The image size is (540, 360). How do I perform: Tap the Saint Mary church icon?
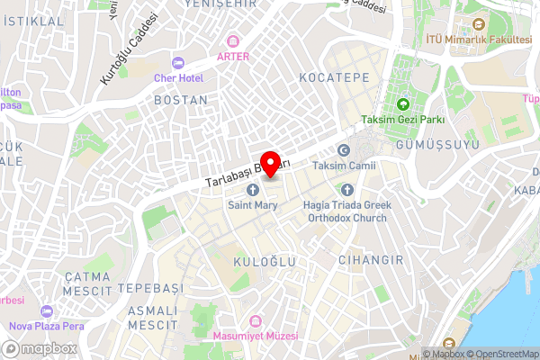(253, 189)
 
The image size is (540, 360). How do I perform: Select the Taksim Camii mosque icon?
(343, 150)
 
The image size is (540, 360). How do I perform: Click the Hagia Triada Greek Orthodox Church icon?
(347, 189)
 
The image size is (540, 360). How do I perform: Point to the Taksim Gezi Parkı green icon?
(403, 104)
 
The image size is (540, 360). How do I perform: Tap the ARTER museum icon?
(234, 40)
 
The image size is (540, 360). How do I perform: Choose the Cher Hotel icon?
(176, 62)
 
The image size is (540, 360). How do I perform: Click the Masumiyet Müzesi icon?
(256, 321)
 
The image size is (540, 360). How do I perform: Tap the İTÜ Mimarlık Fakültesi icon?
(476, 24)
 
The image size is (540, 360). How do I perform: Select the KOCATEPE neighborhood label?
(335, 77)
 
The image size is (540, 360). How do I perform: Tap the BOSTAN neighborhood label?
(181, 100)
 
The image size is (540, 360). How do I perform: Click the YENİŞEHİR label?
(214, 5)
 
